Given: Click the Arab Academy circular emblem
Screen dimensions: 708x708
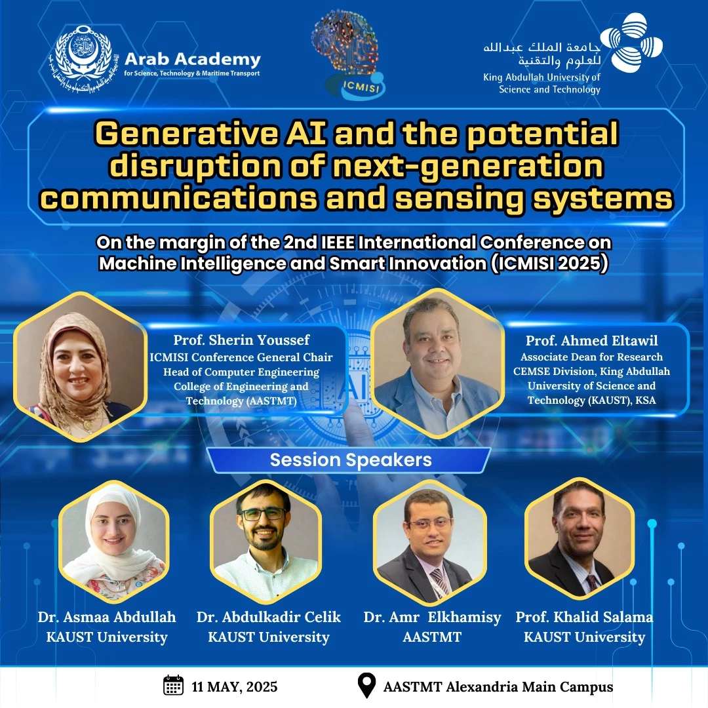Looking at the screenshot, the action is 81,59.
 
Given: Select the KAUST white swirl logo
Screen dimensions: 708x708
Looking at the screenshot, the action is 632,42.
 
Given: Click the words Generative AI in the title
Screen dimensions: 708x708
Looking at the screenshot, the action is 210,134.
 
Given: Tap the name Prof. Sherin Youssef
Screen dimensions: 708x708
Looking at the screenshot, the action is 241,340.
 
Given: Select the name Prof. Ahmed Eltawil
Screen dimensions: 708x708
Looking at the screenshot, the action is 591,340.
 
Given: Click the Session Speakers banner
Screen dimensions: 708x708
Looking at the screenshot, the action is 350,460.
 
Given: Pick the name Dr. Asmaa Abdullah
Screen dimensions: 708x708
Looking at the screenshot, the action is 107,617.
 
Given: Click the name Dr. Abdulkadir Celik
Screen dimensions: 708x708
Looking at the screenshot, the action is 269,617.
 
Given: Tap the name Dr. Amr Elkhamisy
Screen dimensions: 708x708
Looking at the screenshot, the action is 432,618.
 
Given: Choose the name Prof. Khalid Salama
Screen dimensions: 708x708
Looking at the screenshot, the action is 584,617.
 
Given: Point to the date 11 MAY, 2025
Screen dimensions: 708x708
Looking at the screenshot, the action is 234,687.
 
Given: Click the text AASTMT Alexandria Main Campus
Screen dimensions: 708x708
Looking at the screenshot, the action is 498,687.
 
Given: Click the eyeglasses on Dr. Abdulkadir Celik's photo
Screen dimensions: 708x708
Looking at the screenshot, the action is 264,514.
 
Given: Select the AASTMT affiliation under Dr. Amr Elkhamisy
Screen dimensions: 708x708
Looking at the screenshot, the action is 432,637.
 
